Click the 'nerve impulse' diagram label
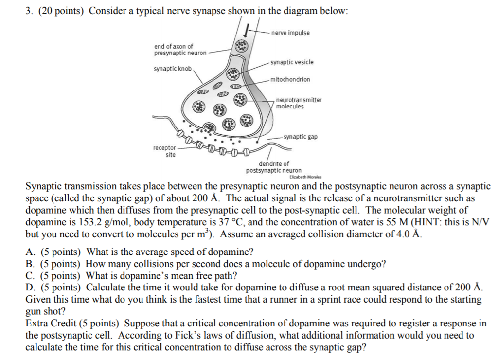click(290, 33)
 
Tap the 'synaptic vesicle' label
click(292, 62)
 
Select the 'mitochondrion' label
click(290, 79)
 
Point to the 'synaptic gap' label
click(300, 137)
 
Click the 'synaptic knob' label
click(173, 69)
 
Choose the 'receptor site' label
click(165, 151)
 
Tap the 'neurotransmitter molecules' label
click(299, 103)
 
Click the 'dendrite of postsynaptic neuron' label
click(274, 167)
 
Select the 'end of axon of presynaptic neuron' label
click(180, 50)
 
